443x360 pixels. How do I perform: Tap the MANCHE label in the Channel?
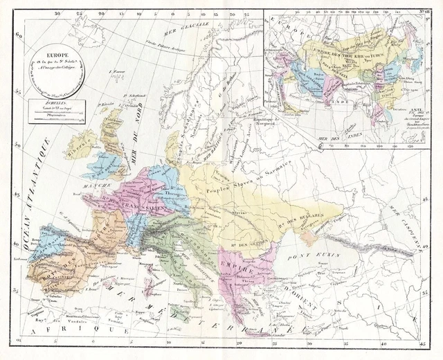(x=87, y=186)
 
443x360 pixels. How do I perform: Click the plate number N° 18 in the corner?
(x=419, y=12)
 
